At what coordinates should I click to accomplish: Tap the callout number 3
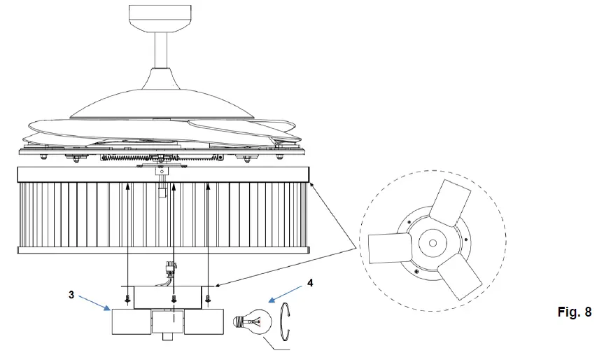tap(73, 296)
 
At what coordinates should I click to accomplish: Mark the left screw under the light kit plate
tap(127, 300)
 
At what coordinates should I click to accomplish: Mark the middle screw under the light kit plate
tap(174, 300)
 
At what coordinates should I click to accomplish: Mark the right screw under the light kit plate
tap(209, 300)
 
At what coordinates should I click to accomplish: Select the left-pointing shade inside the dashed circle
tap(387, 246)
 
